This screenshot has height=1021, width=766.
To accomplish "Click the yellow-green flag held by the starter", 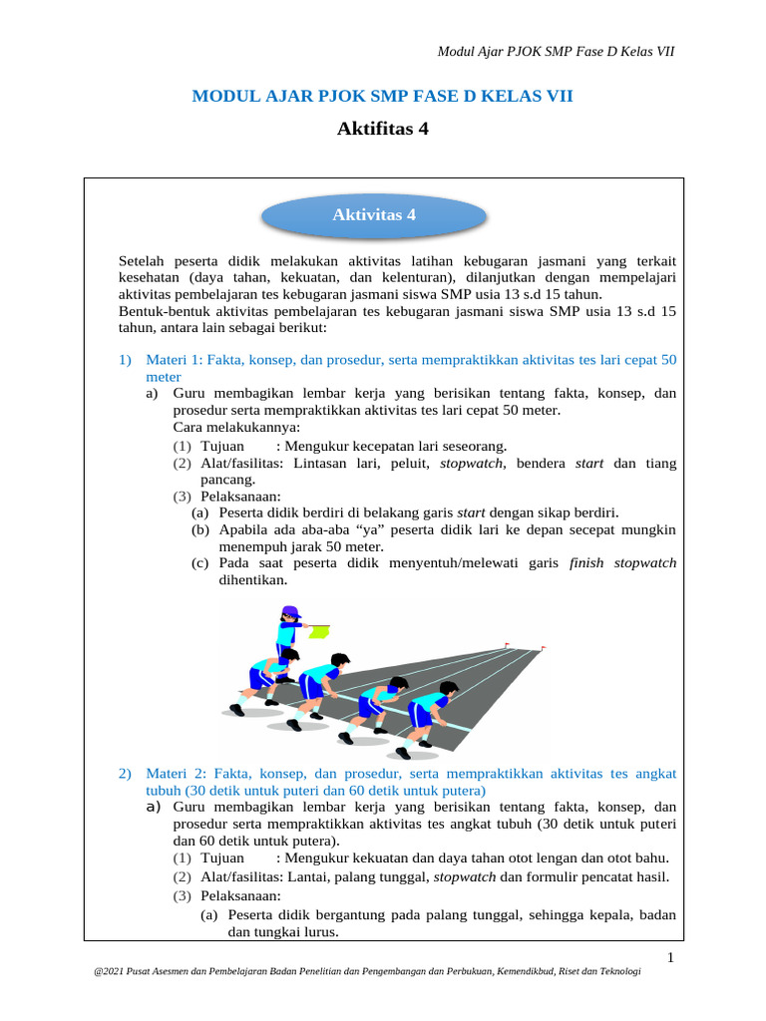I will pos(319,630).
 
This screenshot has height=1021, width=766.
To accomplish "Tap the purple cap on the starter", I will pos(290,611).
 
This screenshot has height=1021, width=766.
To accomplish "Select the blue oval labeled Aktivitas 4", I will pos(373,215).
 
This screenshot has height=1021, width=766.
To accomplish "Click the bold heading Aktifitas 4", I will pos(383,128).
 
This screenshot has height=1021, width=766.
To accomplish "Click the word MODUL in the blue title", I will pos(223,96).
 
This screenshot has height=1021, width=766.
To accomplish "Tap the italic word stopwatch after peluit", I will pos(473,463).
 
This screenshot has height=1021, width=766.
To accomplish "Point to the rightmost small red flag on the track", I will pos(544,648).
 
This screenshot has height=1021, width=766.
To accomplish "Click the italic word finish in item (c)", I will pos(587,562).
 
